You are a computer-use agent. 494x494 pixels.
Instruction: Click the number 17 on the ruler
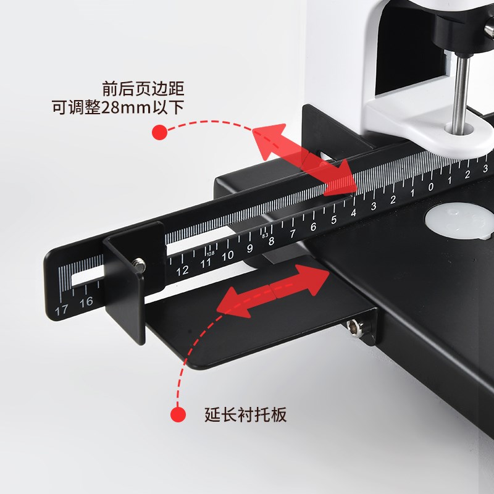click(x=61, y=310)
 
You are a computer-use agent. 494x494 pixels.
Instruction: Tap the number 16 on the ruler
click(x=86, y=301)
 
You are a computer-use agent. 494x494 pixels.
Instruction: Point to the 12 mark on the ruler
click(x=182, y=270)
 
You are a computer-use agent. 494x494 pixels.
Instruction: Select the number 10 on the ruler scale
click(x=228, y=255)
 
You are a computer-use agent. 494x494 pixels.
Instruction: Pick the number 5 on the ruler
click(x=334, y=220)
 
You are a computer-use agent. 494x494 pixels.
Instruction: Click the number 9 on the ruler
click(x=249, y=248)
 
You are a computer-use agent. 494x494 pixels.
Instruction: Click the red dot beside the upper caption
click(x=160, y=132)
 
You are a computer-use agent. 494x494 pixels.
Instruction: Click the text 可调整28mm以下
click(x=118, y=107)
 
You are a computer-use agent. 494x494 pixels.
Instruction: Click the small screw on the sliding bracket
click(x=141, y=267)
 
